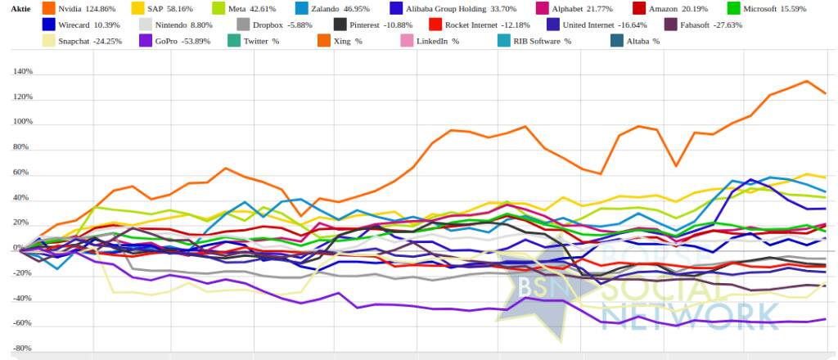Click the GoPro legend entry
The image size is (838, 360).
click(x=170, y=40)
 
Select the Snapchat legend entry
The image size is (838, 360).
click(x=88, y=40)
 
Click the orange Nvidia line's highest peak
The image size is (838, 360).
click(x=807, y=81)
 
